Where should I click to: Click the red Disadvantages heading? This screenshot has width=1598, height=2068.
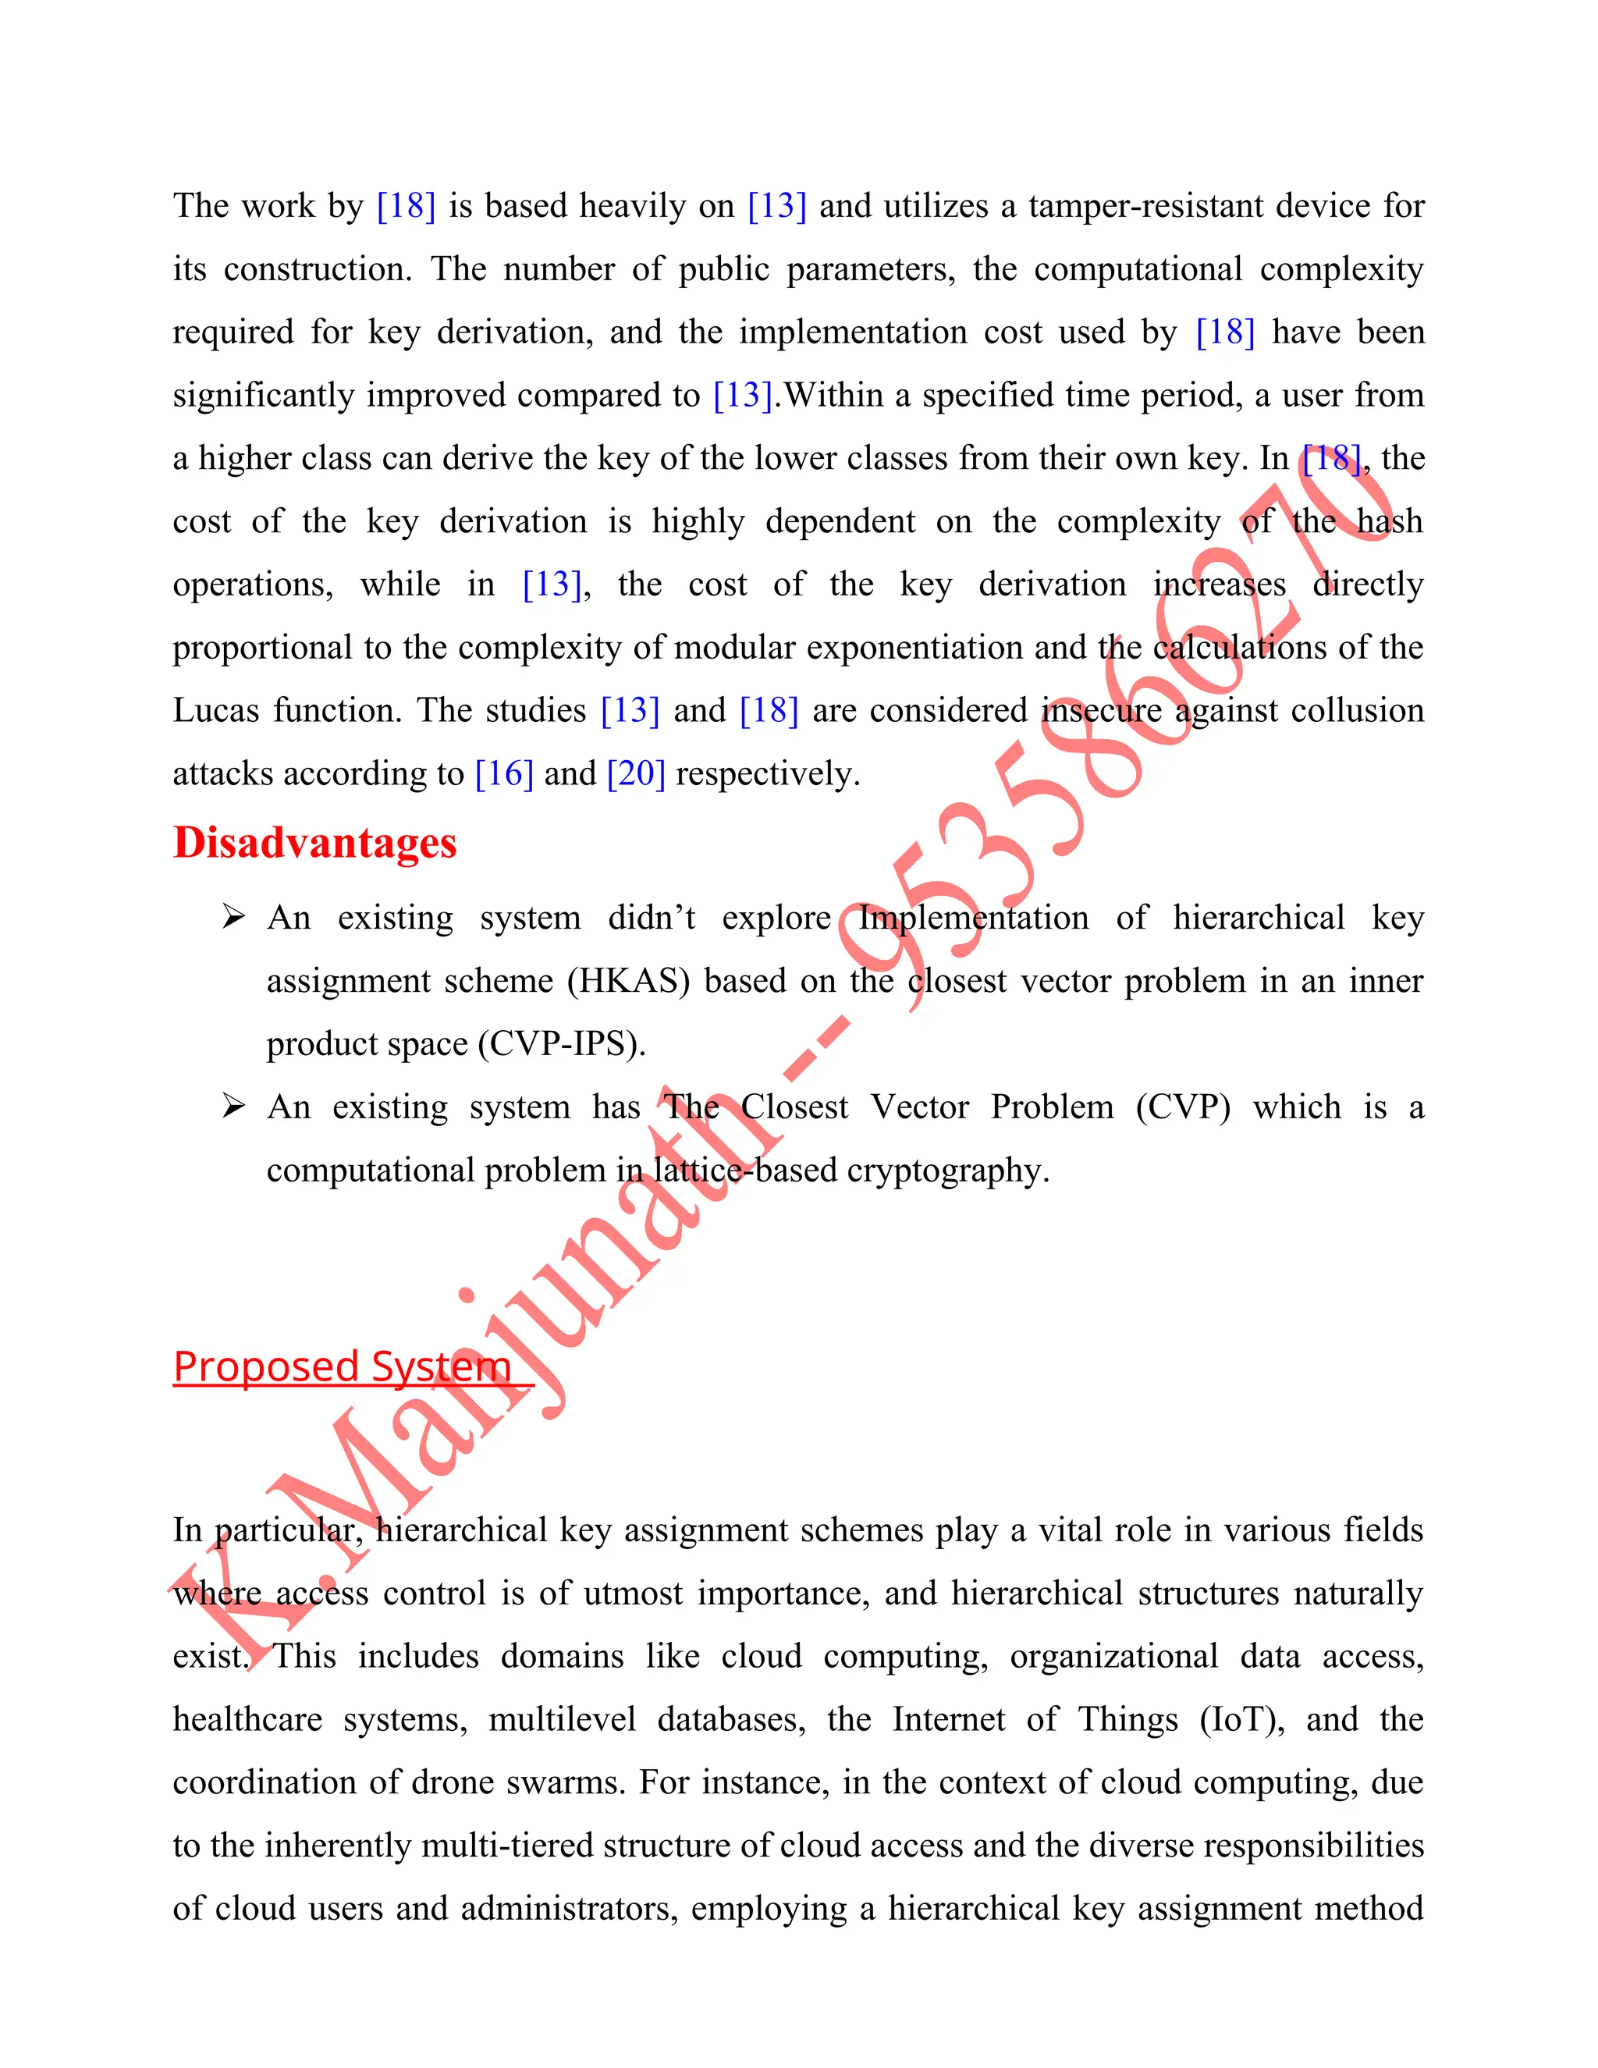[314, 843]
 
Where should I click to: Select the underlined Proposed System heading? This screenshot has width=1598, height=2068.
[342, 1366]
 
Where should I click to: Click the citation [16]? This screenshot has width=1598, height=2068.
[503, 773]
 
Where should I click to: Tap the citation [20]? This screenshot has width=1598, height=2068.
[635, 773]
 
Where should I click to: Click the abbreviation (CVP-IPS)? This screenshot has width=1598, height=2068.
[561, 1043]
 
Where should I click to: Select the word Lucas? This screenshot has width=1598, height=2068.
[215, 710]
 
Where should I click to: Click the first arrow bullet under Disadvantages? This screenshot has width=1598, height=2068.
[233, 917]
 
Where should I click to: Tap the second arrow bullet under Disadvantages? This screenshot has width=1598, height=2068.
[233, 1106]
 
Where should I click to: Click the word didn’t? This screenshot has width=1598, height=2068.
[652, 918]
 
